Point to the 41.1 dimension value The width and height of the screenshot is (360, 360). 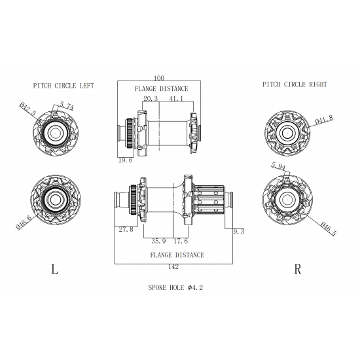tap(177, 98)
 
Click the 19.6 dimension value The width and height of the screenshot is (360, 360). tap(126, 159)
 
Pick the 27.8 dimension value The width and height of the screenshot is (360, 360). tap(126, 229)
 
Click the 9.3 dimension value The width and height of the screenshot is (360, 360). tap(238, 231)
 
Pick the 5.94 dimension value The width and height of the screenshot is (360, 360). tap(277, 167)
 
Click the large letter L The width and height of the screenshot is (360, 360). tap(53, 269)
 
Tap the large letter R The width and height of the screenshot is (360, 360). tap(297, 269)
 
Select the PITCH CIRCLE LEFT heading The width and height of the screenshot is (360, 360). tap(63, 85)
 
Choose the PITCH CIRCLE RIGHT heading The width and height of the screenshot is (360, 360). tap(295, 84)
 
